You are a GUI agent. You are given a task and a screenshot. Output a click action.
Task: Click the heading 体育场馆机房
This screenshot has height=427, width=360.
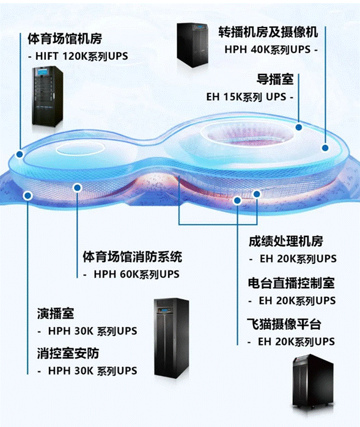(x=65, y=38)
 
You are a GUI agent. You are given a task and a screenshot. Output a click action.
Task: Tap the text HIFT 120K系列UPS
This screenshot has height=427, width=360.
(x=81, y=56)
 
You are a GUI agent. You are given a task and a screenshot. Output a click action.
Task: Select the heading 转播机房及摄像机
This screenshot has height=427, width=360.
(x=268, y=32)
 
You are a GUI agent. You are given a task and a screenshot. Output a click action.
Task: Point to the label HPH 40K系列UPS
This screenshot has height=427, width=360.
(x=268, y=49)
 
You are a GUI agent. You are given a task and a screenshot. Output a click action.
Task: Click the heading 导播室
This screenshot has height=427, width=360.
(x=275, y=79)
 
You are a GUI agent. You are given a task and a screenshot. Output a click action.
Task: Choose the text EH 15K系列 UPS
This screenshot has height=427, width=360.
(x=246, y=97)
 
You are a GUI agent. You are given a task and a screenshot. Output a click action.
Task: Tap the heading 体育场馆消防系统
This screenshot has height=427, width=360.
(x=133, y=257)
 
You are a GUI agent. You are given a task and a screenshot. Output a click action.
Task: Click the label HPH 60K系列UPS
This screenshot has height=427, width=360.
(x=136, y=274)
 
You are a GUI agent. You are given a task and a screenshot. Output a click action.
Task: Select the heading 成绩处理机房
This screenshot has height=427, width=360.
(x=286, y=241)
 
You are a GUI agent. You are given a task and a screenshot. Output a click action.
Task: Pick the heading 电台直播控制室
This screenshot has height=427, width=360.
(x=291, y=283)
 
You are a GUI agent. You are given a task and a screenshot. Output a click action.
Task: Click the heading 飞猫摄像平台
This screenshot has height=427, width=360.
(x=284, y=324)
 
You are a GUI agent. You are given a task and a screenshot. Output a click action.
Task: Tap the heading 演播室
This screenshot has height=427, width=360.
(x=56, y=313)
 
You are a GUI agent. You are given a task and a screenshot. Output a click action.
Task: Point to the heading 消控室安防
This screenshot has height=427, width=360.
(x=68, y=354)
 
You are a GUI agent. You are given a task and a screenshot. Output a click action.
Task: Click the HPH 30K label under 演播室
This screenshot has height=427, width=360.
(x=92, y=331)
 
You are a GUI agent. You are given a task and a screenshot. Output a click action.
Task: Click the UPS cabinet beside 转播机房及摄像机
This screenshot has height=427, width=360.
(x=193, y=45)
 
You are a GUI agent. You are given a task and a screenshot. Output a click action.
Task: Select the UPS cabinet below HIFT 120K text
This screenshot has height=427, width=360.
(x=48, y=97)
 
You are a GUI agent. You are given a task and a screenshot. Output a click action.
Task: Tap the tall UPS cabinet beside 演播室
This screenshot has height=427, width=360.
(x=171, y=338)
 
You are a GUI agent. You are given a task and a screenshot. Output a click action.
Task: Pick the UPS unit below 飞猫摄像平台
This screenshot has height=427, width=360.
(x=313, y=384)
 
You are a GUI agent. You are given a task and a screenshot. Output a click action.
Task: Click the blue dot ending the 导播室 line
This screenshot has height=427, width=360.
(x=299, y=127)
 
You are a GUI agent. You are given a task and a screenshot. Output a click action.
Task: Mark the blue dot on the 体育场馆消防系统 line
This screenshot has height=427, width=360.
(x=78, y=188)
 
